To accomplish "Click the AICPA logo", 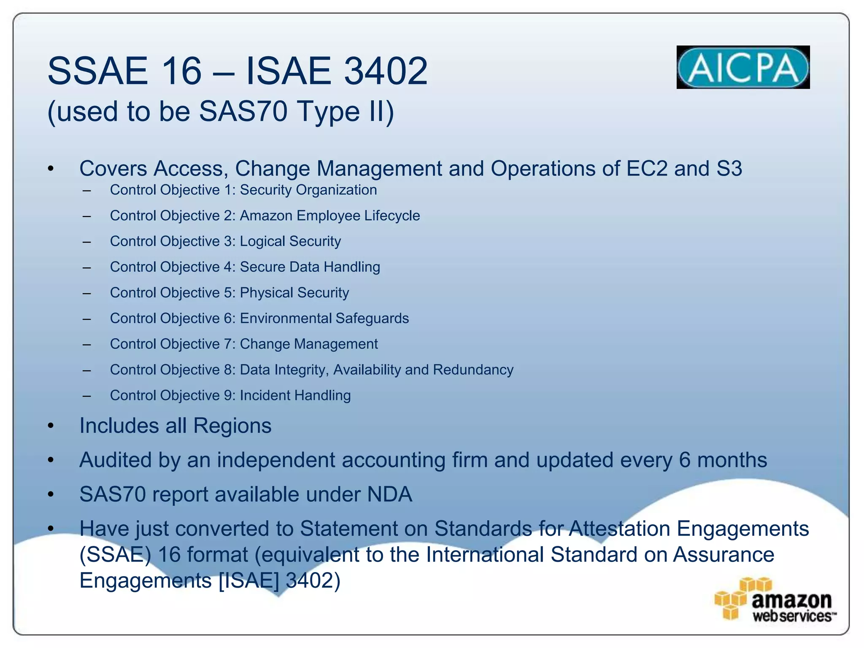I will click(743, 67).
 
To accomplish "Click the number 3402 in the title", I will click(386, 71).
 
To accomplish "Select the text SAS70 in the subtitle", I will click(243, 111).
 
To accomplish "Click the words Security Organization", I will click(308, 190).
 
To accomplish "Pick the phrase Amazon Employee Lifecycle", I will click(329, 216).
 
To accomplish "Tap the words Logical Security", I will click(290, 241).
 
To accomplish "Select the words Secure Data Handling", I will click(310, 267).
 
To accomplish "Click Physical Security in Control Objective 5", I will click(294, 293).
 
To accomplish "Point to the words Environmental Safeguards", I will click(324, 319).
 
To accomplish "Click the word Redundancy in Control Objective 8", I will click(473, 370).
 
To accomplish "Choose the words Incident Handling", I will click(295, 395).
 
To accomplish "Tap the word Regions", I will click(232, 426).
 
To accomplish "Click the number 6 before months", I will click(685, 460).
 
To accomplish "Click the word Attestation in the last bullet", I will click(619, 529).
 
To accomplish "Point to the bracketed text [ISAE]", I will click(249, 580).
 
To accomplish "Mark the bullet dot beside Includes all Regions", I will click(51, 426).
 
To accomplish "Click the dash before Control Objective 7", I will click(87, 344).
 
